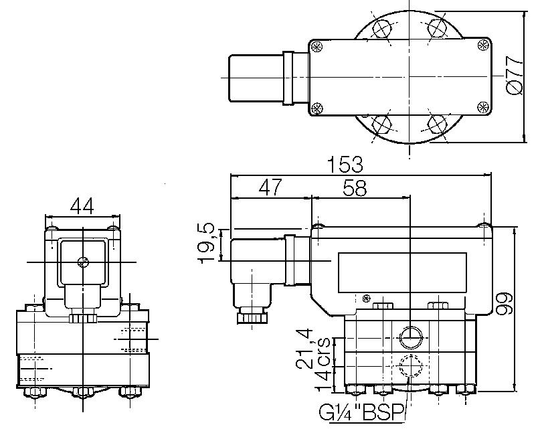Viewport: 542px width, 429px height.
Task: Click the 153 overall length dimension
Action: pyautogui.click(x=345, y=165)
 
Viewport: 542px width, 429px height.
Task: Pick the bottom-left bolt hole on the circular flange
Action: pyautogui.click(x=382, y=124)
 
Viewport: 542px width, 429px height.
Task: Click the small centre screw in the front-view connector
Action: pyautogui.click(x=82, y=262)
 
